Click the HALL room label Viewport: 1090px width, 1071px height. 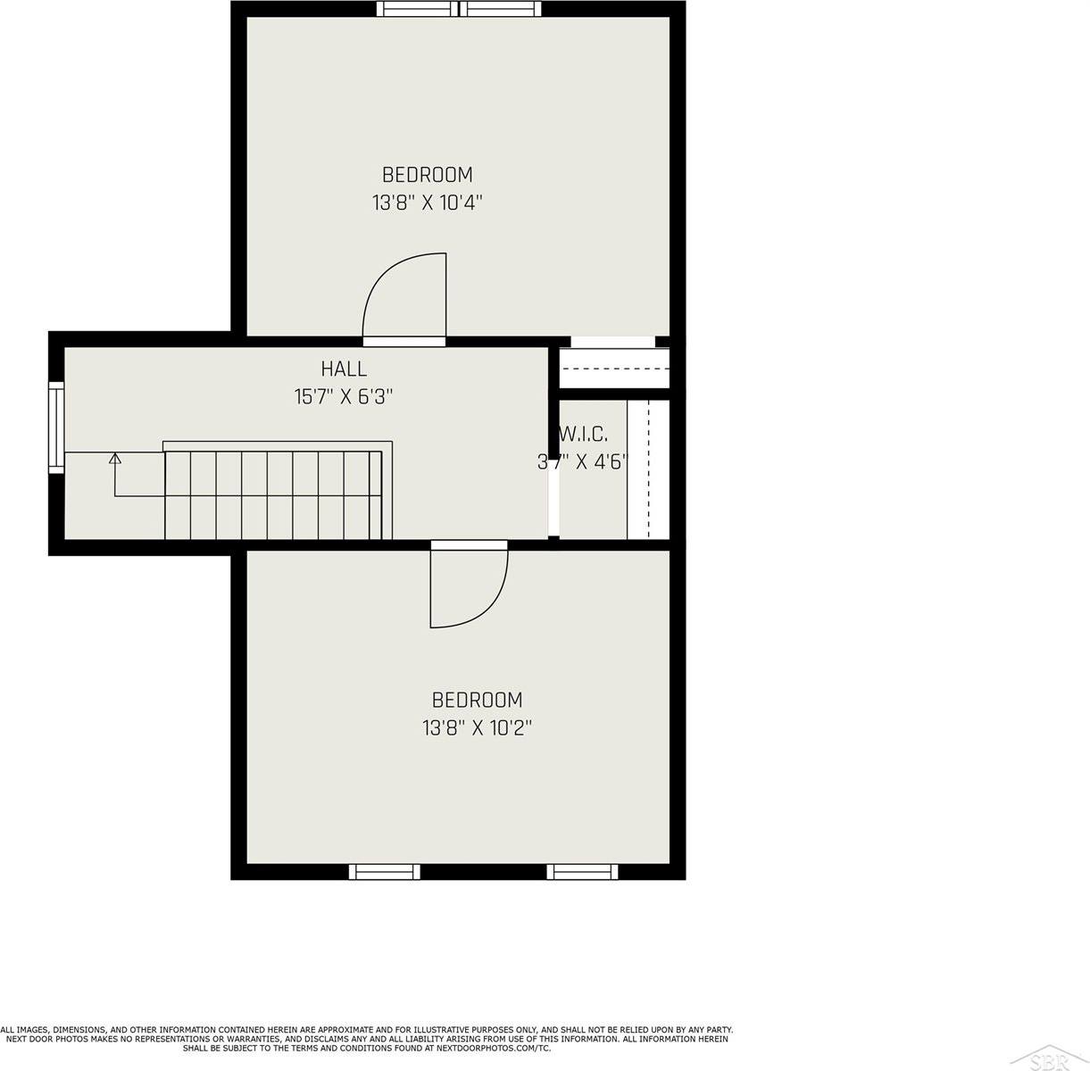pyautogui.click(x=344, y=369)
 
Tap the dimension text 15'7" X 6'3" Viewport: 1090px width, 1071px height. pyautogui.click(x=344, y=396)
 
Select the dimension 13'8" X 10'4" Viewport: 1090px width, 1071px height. pyautogui.click(x=427, y=202)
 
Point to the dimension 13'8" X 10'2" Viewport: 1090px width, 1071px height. pyautogui.click(x=477, y=727)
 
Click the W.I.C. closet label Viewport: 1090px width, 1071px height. pyautogui.click(x=583, y=435)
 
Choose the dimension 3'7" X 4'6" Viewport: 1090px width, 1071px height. pyautogui.click(x=583, y=462)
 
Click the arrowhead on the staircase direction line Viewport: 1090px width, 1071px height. pyautogui.click(x=115, y=458)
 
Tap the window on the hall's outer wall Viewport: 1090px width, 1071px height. pyautogui.click(x=56, y=428)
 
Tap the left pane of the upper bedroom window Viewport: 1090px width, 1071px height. pyautogui.click(x=417, y=9)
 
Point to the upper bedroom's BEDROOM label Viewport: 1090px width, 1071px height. pyautogui.click(x=427, y=175)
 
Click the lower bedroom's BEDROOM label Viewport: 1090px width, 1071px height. pyautogui.click(x=477, y=700)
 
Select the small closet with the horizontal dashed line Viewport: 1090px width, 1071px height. pyautogui.click(x=614, y=369)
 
